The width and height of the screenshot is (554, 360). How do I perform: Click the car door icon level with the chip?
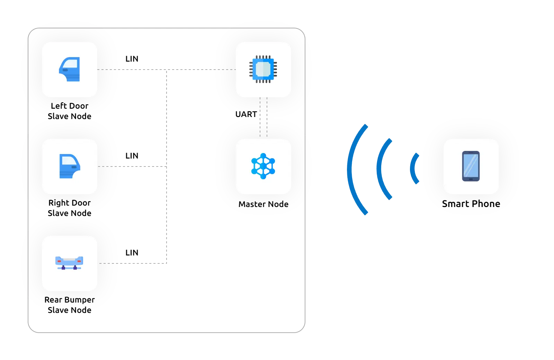coord(70,69)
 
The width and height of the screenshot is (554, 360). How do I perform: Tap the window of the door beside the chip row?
coord(71,64)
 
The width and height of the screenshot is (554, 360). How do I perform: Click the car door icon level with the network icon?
coord(70,166)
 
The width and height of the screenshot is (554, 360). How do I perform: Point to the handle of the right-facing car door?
coord(74,167)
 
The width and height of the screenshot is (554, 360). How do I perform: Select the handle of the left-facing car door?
coord(65,70)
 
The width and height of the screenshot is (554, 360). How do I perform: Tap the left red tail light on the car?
coord(59,261)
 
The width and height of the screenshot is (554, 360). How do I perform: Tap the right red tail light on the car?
coord(79,261)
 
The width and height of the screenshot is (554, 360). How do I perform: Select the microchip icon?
coord(263,69)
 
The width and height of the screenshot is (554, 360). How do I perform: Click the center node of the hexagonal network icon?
coord(263,166)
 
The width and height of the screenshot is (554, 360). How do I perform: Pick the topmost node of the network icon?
coord(263,156)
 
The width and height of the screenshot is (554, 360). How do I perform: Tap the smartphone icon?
coord(471,166)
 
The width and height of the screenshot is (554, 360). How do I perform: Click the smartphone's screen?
coord(471,165)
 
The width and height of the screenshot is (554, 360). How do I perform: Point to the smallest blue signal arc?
coord(412,169)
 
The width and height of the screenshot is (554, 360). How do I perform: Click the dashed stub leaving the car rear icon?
coord(108,263)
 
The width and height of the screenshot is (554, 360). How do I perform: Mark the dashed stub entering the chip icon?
coord(225,70)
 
